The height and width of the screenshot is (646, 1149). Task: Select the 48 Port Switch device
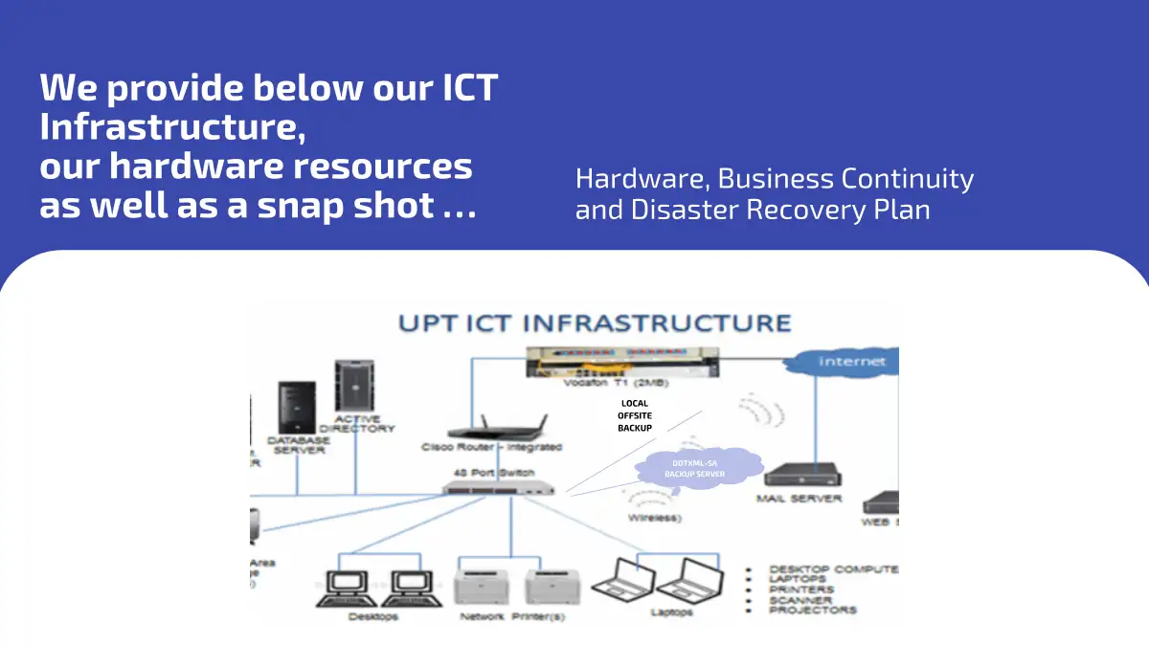499,487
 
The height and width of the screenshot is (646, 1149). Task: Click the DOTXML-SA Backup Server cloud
695,469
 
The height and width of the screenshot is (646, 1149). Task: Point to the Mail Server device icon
799,475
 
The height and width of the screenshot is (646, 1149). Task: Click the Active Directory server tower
352,386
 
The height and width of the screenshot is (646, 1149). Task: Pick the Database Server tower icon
296,409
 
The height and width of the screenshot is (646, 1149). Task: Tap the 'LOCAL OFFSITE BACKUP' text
635,415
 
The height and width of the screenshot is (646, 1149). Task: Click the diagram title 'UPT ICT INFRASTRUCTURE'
594,323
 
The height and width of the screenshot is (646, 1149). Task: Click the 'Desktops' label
372,616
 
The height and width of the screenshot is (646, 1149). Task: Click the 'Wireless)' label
655,518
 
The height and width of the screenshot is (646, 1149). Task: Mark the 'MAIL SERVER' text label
799,499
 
